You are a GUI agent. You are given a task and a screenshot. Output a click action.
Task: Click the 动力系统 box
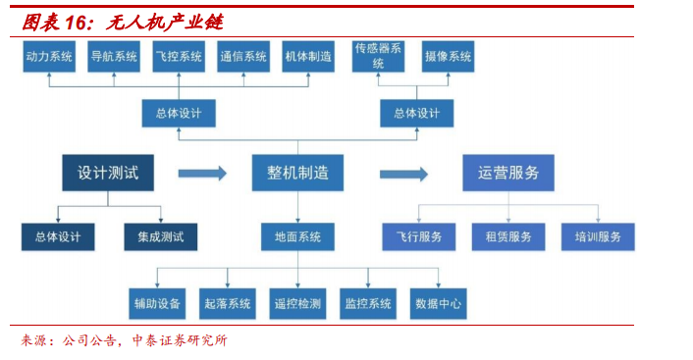(x=49, y=57)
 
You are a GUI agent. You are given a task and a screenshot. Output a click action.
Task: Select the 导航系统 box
(x=114, y=57)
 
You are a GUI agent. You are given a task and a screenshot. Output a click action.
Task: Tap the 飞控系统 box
(x=179, y=57)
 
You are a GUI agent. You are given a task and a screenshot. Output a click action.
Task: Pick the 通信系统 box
(x=243, y=57)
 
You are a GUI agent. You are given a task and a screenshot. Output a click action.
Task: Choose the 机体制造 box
(x=308, y=57)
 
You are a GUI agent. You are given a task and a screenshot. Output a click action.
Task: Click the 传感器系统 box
(x=378, y=56)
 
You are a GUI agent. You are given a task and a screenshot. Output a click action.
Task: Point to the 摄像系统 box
(x=449, y=57)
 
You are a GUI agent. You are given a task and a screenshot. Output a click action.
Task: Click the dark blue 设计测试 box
(x=108, y=173)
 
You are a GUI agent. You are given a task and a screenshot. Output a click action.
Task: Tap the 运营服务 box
(x=508, y=173)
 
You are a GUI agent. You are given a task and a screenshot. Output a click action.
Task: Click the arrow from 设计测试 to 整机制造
(x=201, y=174)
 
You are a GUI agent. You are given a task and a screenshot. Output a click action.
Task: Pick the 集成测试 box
(x=160, y=236)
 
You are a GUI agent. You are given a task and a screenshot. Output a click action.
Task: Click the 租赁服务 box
(x=508, y=236)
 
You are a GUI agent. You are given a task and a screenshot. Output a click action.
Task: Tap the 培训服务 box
(x=598, y=236)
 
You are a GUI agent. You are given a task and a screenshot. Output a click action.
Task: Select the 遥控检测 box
(x=297, y=303)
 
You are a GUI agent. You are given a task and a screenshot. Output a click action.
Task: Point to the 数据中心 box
(x=439, y=303)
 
